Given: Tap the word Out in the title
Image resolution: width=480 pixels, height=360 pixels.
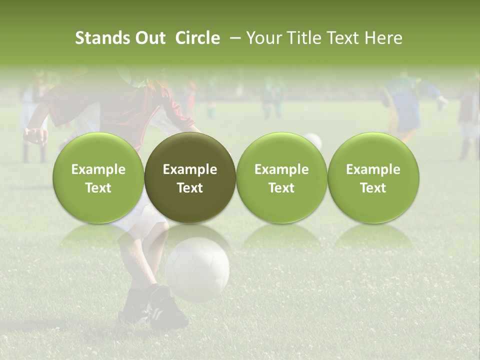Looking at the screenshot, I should coord(149,38).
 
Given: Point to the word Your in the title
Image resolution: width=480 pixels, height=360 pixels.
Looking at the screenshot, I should coord(263,38).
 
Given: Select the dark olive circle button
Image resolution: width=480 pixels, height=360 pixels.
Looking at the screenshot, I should coord(190,177).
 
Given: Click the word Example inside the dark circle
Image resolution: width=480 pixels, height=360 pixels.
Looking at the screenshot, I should coord(190,169).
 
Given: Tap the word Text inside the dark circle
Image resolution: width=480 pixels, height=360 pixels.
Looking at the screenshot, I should coord(190,188).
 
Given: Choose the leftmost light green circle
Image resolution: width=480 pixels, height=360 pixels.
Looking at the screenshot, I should coord(98,177).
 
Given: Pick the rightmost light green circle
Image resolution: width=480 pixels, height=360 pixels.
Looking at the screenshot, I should coord(373,177).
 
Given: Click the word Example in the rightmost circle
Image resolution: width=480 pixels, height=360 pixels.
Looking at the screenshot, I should coord(373,169).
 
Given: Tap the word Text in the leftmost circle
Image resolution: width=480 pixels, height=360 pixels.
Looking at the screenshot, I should coord(98,188).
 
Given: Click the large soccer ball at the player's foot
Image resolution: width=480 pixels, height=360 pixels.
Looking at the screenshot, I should coord(197,269).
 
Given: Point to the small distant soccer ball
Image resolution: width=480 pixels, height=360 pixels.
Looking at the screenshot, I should coord(313,140).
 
